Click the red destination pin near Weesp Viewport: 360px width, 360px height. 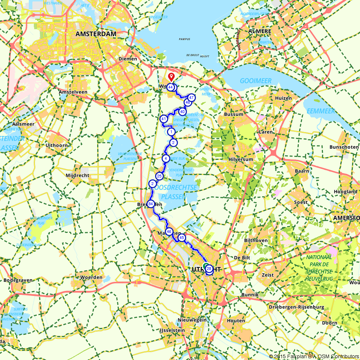pos(172,76)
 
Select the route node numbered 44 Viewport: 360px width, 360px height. pos(170,87)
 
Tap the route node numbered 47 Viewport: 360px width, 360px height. pos(191,98)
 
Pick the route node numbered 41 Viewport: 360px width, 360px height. pos(163,119)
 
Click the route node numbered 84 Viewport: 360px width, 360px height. pos(151,204)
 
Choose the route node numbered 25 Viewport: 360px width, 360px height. pos(159,176)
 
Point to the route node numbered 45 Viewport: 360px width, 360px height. pos(181,238)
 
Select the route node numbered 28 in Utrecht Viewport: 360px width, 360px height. pos(209,268)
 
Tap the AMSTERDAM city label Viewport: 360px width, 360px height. pos(96,34)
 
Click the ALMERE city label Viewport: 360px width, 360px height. pos(260,31)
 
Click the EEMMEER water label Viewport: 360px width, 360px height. pos(321,111)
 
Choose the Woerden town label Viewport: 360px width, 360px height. pos(91,278)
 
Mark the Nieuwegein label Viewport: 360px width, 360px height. pos(192,320)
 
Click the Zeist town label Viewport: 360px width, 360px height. pos(268,275)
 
